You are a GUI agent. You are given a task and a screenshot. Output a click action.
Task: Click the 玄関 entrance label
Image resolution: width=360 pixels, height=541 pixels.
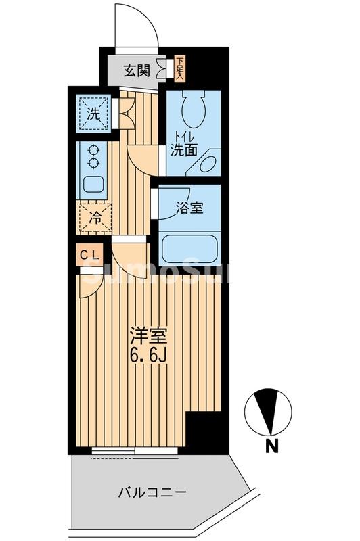coord(137,70)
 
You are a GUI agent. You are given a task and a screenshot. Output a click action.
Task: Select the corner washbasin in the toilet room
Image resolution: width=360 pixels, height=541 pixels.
coord(208,163)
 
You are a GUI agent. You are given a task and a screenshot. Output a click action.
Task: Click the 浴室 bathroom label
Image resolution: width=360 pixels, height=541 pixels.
coord(189,208)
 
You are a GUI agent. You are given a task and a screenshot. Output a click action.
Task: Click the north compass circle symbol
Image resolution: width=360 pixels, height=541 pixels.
coord(269,412)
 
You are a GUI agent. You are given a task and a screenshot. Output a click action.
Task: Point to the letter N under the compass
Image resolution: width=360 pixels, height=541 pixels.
coord(271,446)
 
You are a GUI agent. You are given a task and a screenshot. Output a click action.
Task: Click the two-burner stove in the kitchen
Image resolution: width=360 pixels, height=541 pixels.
coord(94,158)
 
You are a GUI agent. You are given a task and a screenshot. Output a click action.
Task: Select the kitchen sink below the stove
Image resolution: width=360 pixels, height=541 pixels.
coord(94,184)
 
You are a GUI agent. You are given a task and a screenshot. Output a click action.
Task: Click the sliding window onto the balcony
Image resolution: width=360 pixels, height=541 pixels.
coord(135,449)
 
